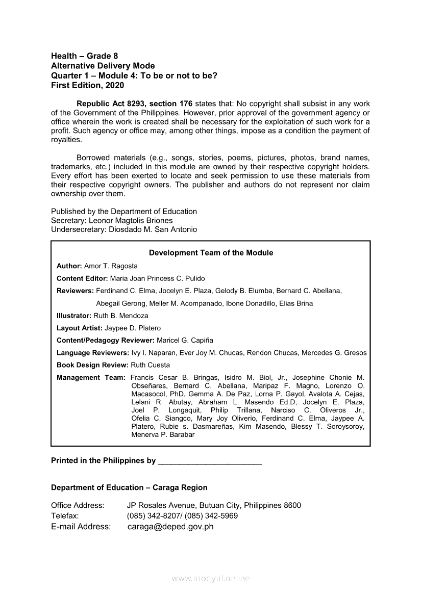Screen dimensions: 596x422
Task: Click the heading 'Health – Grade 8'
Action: (x=84, y=56)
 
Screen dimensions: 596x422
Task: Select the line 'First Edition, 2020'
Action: (x=87, y=86)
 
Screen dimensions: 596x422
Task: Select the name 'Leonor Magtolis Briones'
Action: (x=131, y=220)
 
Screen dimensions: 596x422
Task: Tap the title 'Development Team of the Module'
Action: (x=211, y=253)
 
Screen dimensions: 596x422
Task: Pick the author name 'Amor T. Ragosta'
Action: (x=111, y=266)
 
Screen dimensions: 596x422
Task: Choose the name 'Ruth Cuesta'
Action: (x=151, y=365)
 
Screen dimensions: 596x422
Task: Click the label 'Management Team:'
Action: (x=91, y=378)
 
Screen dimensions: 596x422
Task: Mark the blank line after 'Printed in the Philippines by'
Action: (x=210, y=461)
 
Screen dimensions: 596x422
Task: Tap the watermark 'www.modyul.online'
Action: (x=211, y=579)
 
